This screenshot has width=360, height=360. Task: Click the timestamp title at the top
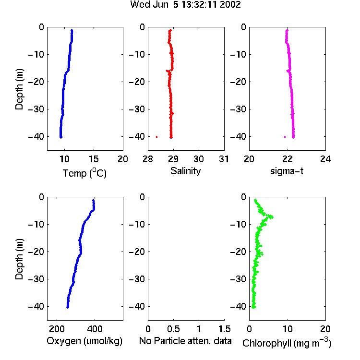185,4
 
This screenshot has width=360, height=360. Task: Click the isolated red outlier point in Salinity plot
157,137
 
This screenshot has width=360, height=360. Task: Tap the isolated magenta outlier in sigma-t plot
285,137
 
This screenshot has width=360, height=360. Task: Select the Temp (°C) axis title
84,173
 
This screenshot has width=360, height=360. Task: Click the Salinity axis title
185,171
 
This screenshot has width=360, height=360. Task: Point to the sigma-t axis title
287,171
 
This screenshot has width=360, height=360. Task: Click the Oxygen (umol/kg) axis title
84,341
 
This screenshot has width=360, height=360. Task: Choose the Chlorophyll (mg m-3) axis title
287,343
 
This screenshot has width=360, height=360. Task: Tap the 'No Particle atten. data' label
185,341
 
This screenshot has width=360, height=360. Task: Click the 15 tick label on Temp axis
94,159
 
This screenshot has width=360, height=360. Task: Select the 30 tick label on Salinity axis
199,159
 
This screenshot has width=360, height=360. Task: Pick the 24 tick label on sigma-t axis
325,159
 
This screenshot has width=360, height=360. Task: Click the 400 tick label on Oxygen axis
95,329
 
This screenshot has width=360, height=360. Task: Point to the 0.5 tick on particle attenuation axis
173,329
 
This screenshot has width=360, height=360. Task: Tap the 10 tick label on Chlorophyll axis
288,329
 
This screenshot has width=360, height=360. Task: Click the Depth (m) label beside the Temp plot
19,89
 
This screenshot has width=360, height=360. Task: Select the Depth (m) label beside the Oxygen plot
19,259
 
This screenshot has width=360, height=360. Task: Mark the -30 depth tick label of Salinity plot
137,109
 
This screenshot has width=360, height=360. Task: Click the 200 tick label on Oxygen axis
57,329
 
